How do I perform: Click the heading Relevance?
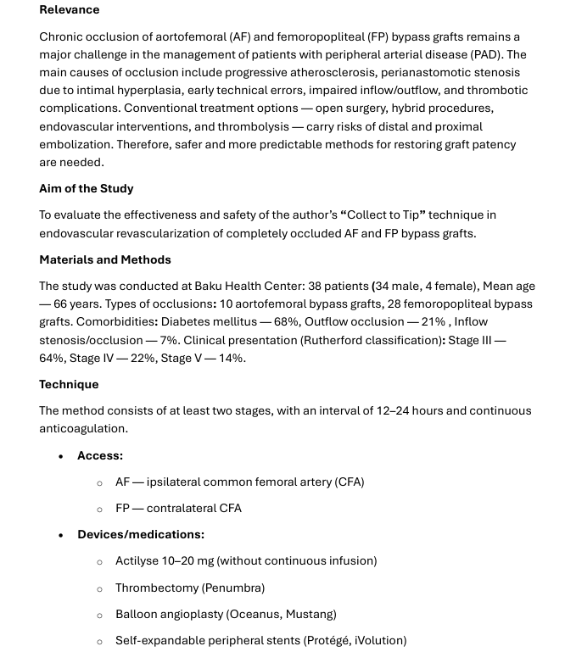(70, 10)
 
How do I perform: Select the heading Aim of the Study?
(87, 188)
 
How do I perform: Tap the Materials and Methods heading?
(105, 259)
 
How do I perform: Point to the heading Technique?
(69, 384)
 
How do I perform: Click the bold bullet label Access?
(100, 455)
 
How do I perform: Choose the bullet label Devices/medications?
(141, 534)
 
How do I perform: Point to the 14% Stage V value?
(232, 358)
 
